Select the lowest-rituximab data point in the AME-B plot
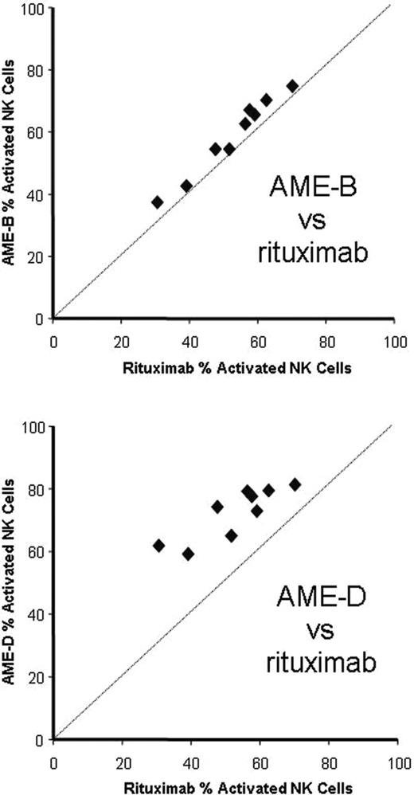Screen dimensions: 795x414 tap(158, 202)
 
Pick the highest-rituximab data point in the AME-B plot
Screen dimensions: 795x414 tap(292, 86)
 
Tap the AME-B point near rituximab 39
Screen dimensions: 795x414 tap(186, 186)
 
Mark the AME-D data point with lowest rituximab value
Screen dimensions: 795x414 tap(158, 546)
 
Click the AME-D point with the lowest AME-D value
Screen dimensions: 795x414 tap(188, 554)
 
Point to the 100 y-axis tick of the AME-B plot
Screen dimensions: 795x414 tap(37, 8)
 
